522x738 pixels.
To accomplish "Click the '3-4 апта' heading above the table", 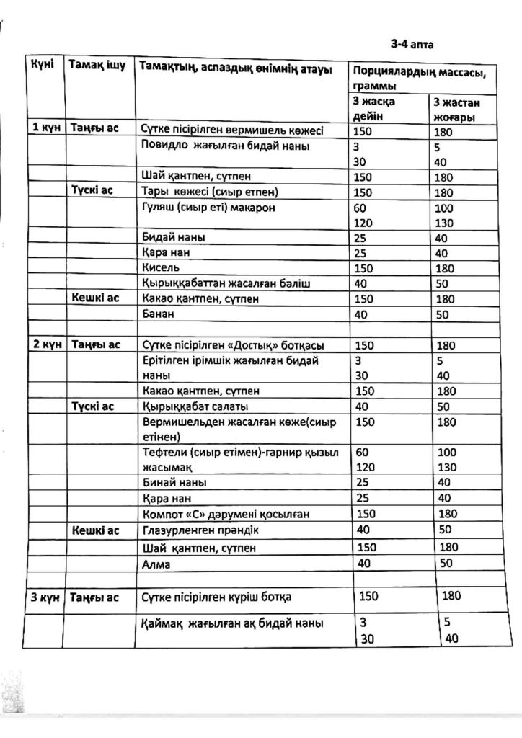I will tap(412, 43).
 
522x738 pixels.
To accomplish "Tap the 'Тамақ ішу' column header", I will tap(97, 66).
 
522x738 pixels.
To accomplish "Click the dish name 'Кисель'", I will tap(161, 268).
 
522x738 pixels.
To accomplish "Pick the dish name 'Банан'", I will tap(159, 314).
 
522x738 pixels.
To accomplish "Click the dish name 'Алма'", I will tap(157, 564).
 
